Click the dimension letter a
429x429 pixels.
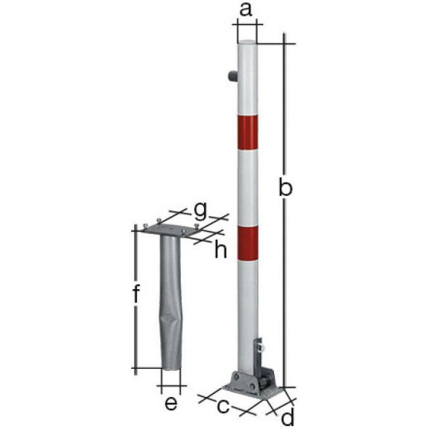coord(246,10)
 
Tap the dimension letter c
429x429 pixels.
coord(224,405)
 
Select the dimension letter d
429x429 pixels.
coord(288,417)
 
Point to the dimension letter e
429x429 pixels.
coord(171,403)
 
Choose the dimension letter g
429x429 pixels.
coord(200,210)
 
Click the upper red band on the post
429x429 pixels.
coord(248,132)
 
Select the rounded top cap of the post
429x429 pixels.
coord(248,43)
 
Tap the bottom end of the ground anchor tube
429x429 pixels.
coord(171,366)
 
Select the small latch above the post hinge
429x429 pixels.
coord(260,347)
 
